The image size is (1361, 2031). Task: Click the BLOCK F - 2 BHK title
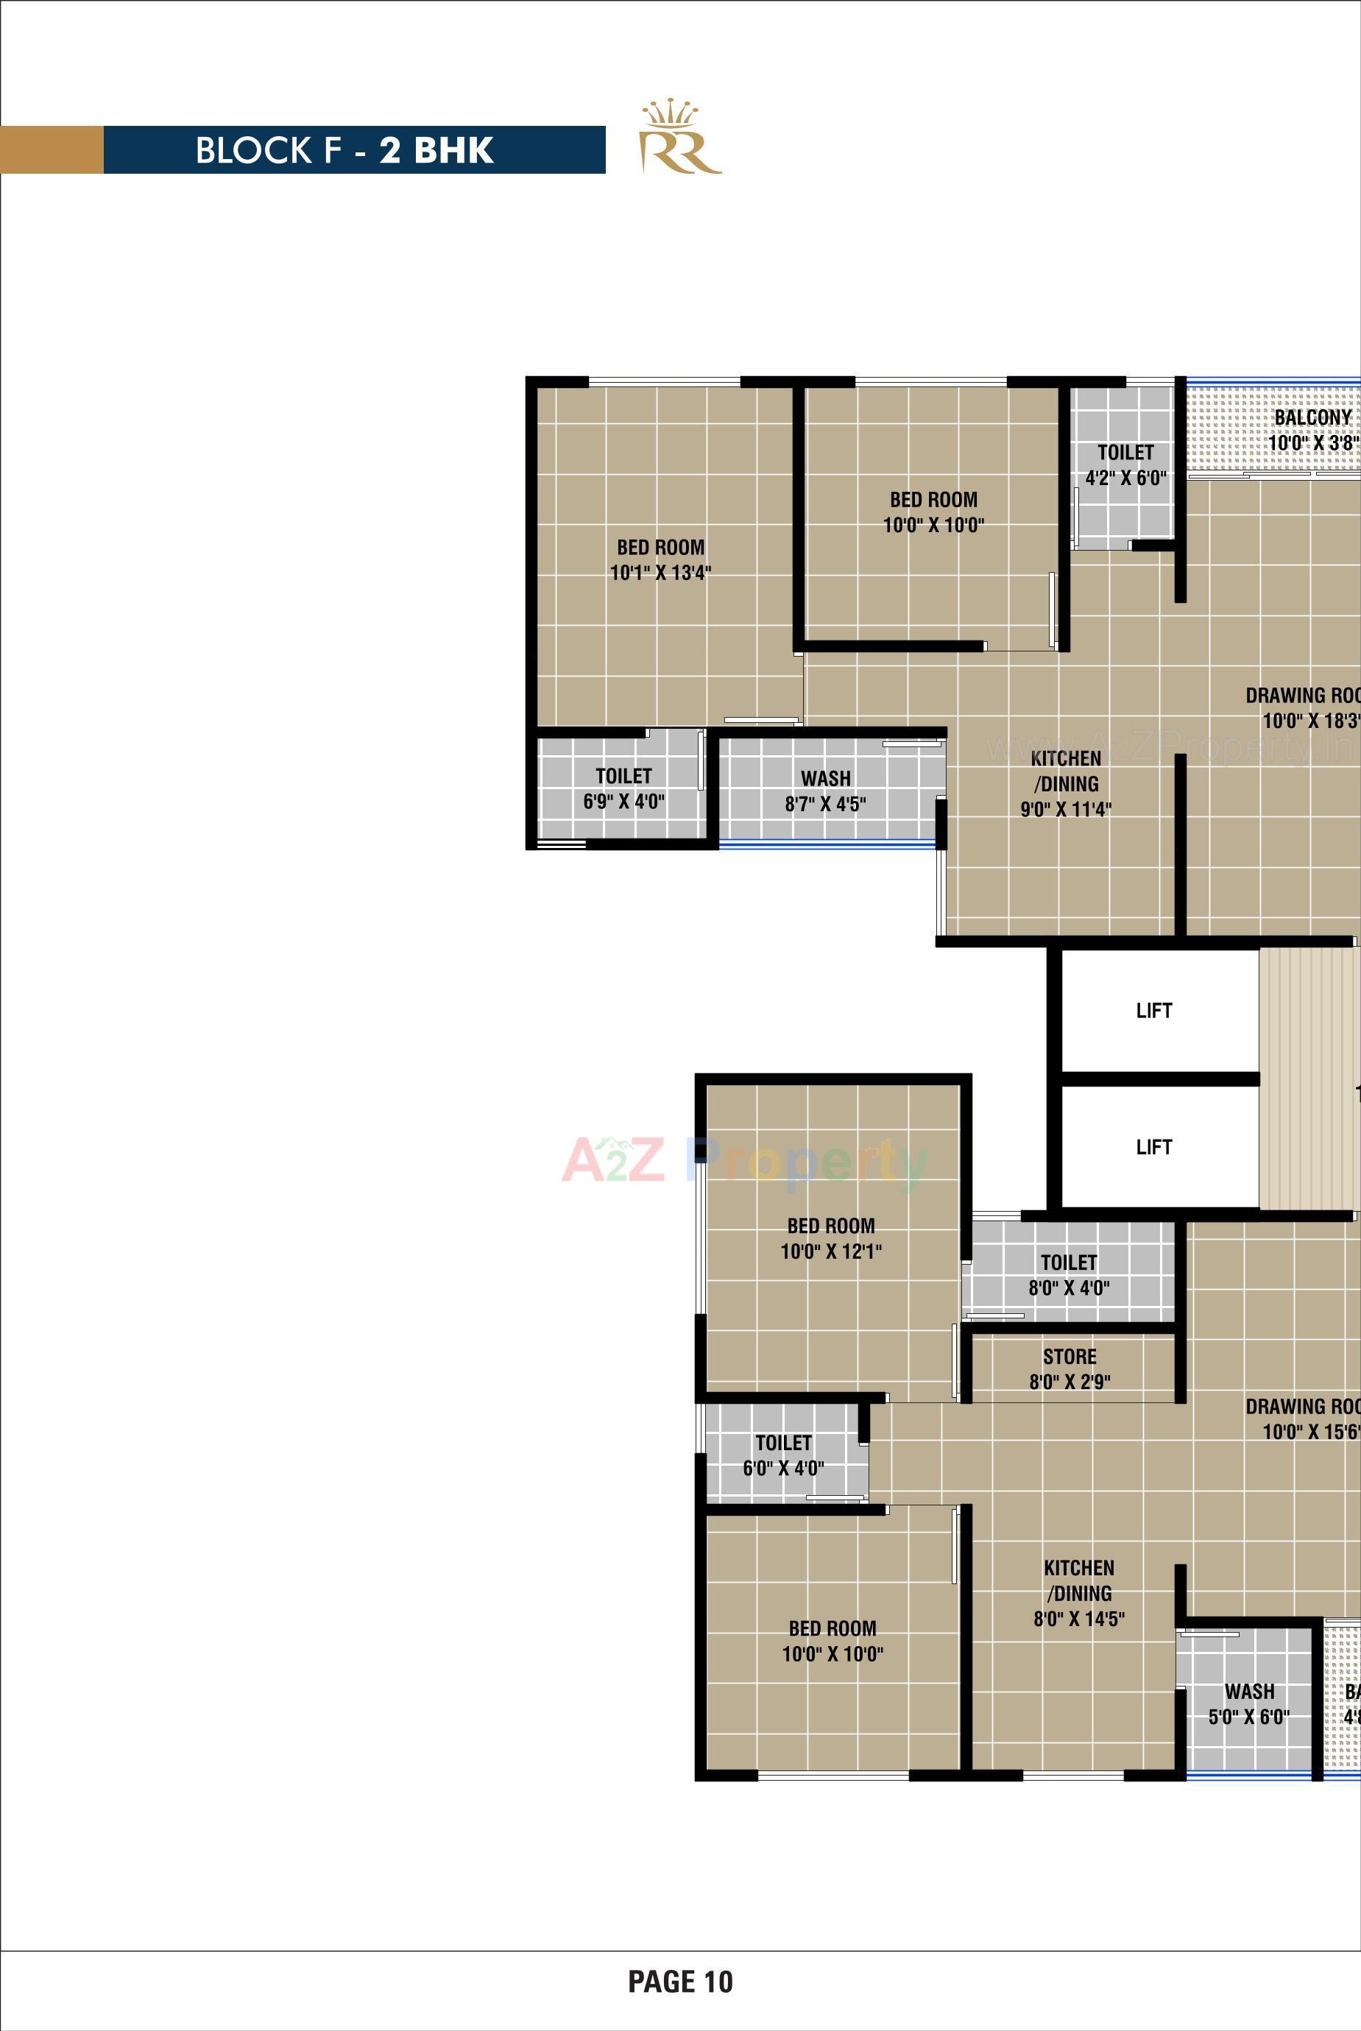(344, 150)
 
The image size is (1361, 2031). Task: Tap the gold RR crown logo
(680, 139)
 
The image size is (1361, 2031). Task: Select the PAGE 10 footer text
(680, 1981)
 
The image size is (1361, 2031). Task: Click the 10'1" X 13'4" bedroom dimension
(660, 572)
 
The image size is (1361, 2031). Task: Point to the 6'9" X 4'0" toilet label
(623, 788)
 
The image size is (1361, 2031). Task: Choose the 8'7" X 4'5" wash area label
(825, 791)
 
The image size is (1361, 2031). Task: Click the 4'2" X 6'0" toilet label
(1125, 465)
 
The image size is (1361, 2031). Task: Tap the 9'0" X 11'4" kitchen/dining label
(1065, 784)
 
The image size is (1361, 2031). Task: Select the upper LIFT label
(1153, 1010)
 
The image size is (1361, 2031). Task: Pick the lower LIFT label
(1153, 1147)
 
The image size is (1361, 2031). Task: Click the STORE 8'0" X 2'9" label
(1070, 1368)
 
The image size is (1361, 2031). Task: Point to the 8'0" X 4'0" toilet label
(1069, 1275)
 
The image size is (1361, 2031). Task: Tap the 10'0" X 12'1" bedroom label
(831, 1239)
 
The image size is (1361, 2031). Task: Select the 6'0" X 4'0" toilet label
(783, 1455)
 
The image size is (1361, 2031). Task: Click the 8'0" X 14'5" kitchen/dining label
(1079, 1593)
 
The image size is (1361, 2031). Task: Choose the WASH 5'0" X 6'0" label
(1249, 1703)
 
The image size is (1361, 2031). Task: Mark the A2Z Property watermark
(745, 1162)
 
